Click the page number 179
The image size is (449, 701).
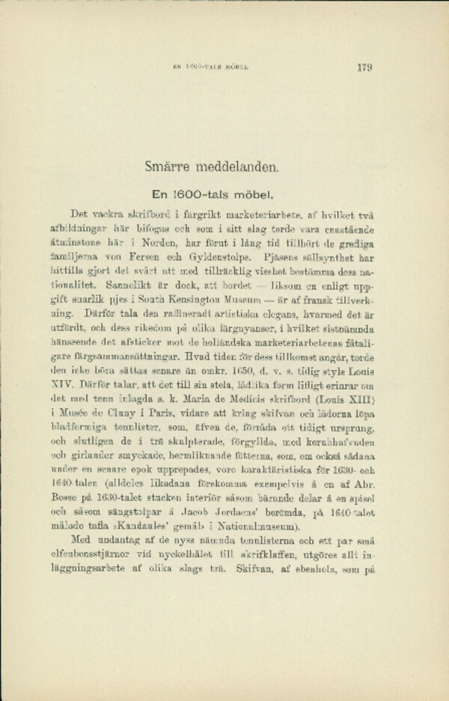366,67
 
